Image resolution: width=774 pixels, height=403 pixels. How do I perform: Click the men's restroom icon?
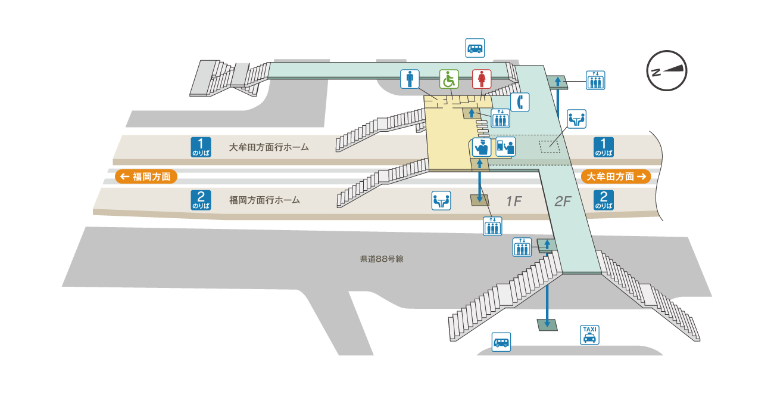[410, 79]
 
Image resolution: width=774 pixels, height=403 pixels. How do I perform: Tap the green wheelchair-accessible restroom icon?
[449, 79]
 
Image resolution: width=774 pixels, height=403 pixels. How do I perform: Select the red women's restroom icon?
[482, 79]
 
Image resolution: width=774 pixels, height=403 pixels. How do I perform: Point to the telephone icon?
[520, 102]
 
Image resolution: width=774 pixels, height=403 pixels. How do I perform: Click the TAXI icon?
[589, 334]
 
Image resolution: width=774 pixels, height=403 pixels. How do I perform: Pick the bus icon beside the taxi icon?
[501, 342]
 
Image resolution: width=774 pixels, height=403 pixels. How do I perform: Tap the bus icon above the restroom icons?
[475, 48]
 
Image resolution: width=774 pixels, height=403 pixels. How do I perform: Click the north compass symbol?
[667, 70]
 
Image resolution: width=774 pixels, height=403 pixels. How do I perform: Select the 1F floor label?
[513, 201]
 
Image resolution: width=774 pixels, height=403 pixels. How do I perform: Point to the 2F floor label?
[563, 201]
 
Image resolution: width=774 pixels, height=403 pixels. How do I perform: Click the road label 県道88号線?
[382, 259]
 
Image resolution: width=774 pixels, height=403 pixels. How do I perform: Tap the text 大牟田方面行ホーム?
[269, 147]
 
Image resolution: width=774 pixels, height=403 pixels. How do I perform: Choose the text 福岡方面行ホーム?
[264, 200]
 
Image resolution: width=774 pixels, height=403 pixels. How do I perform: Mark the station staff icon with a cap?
[481, 147]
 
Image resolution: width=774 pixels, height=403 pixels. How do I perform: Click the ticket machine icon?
[505, 147]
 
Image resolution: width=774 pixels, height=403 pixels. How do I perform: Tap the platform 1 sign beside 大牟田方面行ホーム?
[201, 147]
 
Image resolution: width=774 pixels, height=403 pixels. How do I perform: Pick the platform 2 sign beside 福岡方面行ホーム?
[201, 200]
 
